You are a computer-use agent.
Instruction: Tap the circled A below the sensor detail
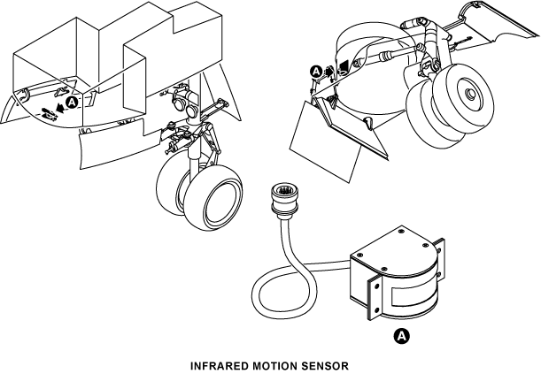click(x=402, y=336)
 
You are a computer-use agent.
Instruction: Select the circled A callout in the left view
click(x=72, y=103)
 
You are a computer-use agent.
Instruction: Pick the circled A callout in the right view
click(x=316, y=72)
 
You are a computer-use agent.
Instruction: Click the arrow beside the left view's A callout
click(x=61, y=108)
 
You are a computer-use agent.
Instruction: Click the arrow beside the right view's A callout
click(x=328, y=72)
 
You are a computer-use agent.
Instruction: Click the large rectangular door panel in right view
click(x=325, y=141)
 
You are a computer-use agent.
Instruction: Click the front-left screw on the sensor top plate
click(x=359, y=256)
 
